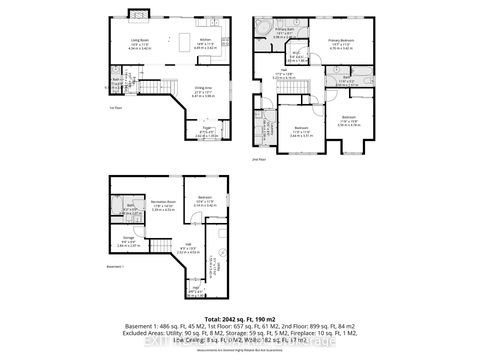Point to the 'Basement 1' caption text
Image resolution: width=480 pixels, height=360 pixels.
(x=117, y=267)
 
